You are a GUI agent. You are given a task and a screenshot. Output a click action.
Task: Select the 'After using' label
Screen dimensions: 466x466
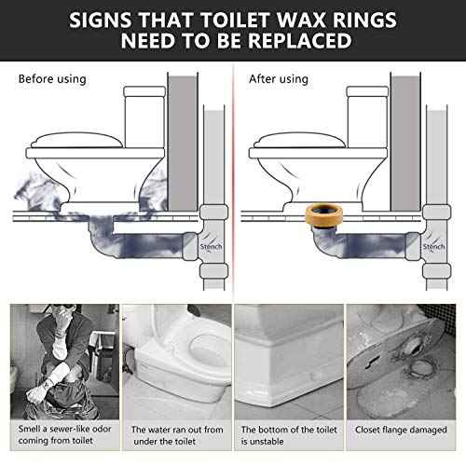click(278, 79)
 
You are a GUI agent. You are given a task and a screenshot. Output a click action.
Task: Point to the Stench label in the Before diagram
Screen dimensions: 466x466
click(212, 246)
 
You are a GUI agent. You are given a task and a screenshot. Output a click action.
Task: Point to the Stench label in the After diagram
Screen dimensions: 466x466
click(436, 246)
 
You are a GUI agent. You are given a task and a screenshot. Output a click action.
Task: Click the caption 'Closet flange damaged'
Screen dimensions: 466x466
click(404, 431)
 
